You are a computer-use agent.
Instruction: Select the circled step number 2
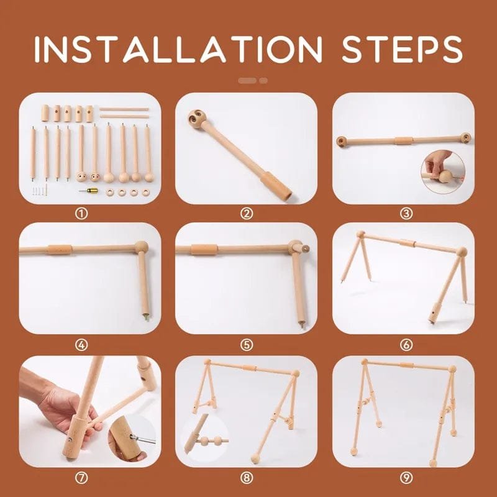tap(247, 214)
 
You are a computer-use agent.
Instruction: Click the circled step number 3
tap(406, 214)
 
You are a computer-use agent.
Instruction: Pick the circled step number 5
tap(247, 345)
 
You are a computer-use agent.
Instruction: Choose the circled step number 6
tap(406, 345)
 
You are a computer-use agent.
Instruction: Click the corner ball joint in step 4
tap(141, 248)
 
